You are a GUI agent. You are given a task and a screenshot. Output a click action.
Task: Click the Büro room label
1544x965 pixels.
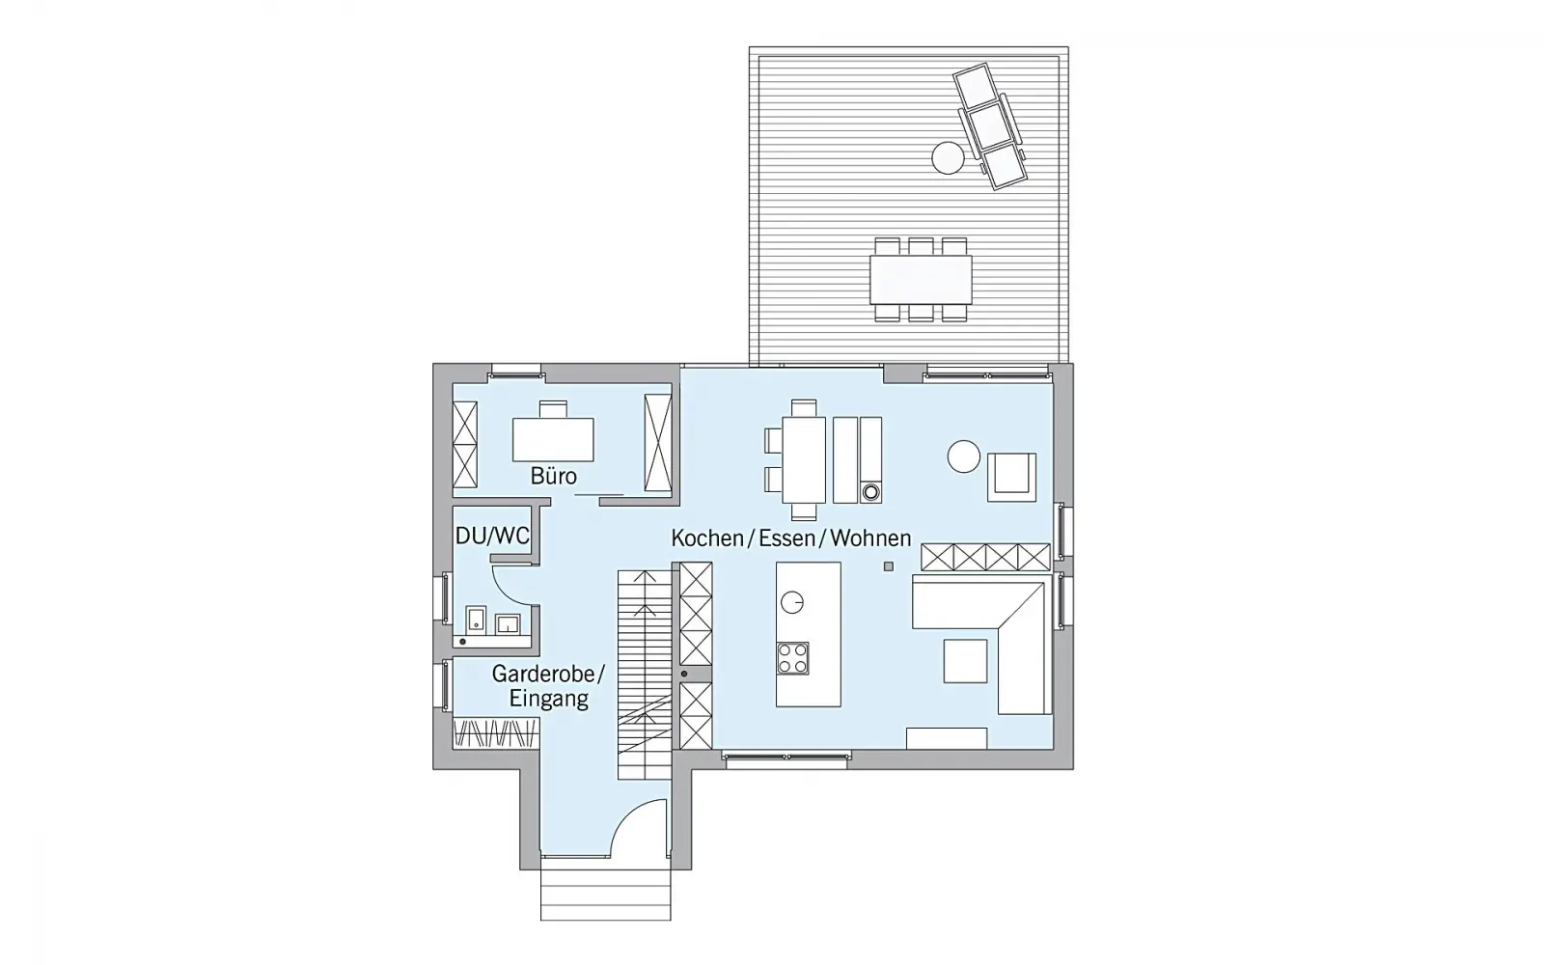coord(554,476)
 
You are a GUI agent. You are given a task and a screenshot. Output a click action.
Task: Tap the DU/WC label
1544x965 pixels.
coord(492,536)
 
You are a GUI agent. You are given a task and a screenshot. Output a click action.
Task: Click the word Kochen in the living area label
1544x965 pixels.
coord(707,538)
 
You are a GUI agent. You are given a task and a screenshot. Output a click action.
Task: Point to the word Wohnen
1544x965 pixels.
coord(870,538)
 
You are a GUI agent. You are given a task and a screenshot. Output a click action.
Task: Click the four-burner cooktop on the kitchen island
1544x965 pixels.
coord(792,657)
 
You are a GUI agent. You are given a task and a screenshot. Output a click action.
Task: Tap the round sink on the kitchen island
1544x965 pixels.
coord(792,602)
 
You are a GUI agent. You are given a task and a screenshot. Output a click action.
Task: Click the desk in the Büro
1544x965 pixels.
coord(553,439)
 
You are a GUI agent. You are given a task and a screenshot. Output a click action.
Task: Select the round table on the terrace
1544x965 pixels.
coord(948,158)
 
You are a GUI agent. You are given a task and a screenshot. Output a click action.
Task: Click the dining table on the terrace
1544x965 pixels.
coord(921,279)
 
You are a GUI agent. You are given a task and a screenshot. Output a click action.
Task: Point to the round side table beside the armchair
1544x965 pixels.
coord(964,456)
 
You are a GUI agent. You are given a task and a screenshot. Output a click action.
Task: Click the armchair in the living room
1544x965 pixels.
coord(1011,477)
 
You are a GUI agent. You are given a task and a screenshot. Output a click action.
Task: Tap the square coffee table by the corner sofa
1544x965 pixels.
coord(965,660)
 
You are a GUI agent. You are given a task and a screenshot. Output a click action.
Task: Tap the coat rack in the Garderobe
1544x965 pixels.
coord(496,732)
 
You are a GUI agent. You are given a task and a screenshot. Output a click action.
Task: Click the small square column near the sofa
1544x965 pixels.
coord(889,566)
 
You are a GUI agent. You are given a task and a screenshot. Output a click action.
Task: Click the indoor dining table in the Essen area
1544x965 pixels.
coord(804,459)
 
